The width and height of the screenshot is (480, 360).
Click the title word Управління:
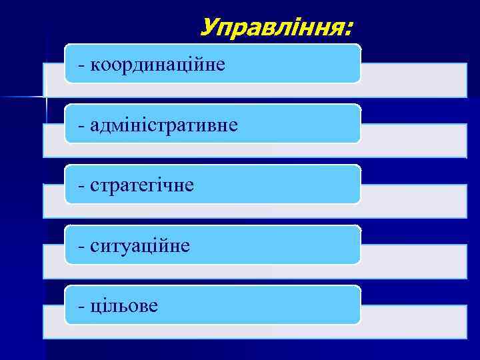pyautogui.click(x=277, y=28)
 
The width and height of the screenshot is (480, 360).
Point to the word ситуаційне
pyautogui.click(x=140, y=246)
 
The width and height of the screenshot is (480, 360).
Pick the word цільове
pyautogui.click(x=124, y=306)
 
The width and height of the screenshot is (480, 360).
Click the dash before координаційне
pyautogui.click(x=81, y=65)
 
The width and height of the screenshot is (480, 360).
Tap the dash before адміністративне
pyautogui.click(x=81, y=125)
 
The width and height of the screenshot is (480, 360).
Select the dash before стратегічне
pyautogui.click(x=81, y=186)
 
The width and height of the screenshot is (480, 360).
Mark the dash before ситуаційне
pyautogui.click(x=81, y=247)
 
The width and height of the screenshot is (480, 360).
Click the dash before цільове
pyautogui.click(x=81, y=307)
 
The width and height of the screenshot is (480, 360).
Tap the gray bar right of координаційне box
pyautogui.click(x=413, y=80)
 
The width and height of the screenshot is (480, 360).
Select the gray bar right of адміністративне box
pyautogui.click(x=413, y=140)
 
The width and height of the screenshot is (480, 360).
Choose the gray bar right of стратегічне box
pyautogui.click(x=413, y=201)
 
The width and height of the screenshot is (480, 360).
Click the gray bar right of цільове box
pyautogui.click(x=413, y=321)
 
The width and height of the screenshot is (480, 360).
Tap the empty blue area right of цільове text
pyautogui.click(x=267, y=306)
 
